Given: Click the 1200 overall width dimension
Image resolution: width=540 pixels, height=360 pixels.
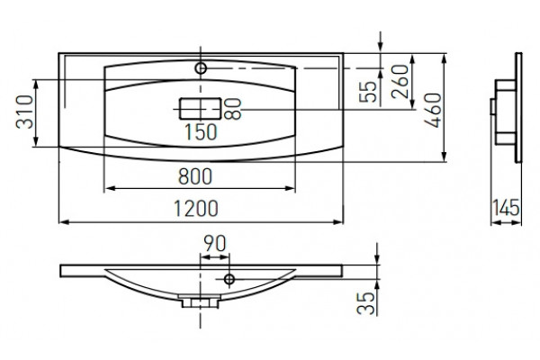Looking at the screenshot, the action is (x=195, y=209).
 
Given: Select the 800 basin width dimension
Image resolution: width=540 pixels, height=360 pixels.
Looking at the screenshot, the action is (x=195, y=176).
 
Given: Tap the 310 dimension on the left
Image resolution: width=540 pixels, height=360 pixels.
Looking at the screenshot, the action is (x=25, y=112).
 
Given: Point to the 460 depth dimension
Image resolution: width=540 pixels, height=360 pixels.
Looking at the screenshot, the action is (x=433, y=110).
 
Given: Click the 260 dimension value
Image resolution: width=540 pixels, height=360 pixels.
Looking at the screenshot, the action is (x=400, y=81).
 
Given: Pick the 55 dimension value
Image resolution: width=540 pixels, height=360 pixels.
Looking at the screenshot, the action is (x=368, y=92).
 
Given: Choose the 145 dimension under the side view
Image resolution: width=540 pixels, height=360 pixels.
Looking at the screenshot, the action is (x=506, y=207).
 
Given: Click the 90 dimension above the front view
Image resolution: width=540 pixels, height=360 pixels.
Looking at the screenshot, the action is (x=214, y=243).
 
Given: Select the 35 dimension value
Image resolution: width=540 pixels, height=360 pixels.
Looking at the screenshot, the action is (x=365, y=303).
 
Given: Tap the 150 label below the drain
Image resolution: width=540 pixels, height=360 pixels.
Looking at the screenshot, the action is (x=201, y=132).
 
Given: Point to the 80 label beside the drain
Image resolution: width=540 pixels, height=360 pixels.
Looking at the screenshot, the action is (x=232, y=109).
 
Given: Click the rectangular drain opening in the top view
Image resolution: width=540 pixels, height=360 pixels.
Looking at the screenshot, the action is (x=200, y=109).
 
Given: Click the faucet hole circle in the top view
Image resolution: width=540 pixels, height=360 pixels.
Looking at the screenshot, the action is (x=201, y=68).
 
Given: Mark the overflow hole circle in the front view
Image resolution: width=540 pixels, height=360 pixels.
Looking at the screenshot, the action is (x=229, y=279).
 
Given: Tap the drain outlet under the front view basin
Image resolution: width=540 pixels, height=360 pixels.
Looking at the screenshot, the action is (x=200, y=301).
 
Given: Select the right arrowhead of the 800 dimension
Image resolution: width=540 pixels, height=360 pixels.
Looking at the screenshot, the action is (x=291, y=188).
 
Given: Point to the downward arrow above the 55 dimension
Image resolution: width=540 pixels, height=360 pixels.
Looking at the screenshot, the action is (x=381, y=42).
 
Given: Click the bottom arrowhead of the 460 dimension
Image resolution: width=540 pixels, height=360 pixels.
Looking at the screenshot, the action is (x=445, y=156).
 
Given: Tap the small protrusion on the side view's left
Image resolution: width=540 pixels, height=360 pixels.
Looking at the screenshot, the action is (x=493, y=107).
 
